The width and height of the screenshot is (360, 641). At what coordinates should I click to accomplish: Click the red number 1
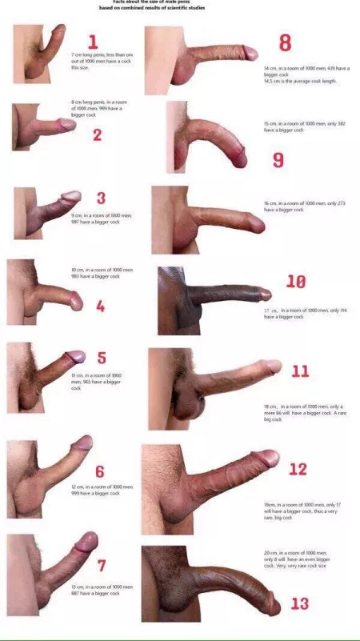93,42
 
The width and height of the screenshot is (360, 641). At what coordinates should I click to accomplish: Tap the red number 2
97,134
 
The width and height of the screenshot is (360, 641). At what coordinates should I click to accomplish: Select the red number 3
101,198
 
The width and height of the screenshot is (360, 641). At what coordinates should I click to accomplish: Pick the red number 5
102,358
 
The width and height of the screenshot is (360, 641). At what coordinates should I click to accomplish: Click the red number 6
100,472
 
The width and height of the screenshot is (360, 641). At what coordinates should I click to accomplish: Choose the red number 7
102,566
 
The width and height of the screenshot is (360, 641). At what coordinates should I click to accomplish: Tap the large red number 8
285,43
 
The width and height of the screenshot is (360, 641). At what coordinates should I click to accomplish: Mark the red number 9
278,160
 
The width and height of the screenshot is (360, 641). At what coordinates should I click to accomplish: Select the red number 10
296,281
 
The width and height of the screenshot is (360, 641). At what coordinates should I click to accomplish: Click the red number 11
300,371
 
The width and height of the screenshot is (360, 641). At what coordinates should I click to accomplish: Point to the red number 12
298,469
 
